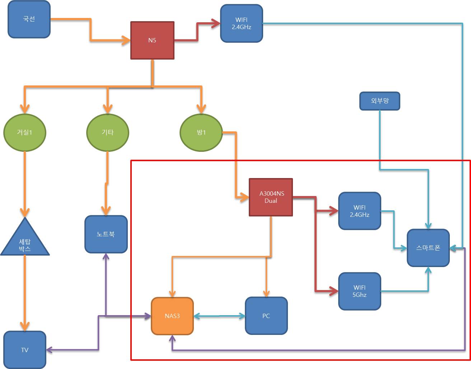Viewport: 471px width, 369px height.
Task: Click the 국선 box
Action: coord(29,19)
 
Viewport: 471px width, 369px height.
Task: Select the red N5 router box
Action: coord(152,40)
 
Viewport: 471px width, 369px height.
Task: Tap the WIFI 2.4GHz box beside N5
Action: coord(242,23)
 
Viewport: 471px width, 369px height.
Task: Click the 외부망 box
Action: coord(380,101)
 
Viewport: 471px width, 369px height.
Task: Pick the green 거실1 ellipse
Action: coord(25,132)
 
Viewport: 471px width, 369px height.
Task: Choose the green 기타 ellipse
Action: coord(108,132)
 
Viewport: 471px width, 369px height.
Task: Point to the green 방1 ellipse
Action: coord(201,132)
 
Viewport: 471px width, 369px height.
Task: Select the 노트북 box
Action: coord(106,234)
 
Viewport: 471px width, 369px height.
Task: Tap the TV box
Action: coord(25,350)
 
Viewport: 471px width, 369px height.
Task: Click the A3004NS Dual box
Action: coord(271,197)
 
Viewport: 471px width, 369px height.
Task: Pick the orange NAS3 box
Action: coord(172,316)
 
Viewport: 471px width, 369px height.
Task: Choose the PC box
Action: coord(266,316)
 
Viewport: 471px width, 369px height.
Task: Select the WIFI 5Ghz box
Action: coord(360,291)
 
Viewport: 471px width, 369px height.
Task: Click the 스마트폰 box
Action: coord(428,248)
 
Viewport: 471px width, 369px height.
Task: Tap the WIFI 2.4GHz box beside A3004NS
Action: coord(360,211)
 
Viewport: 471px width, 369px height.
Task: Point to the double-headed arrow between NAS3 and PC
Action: coord(219,316)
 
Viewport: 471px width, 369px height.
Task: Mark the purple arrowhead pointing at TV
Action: coord(50,350)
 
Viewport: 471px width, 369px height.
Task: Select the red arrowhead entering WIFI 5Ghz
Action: coord(334,291)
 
